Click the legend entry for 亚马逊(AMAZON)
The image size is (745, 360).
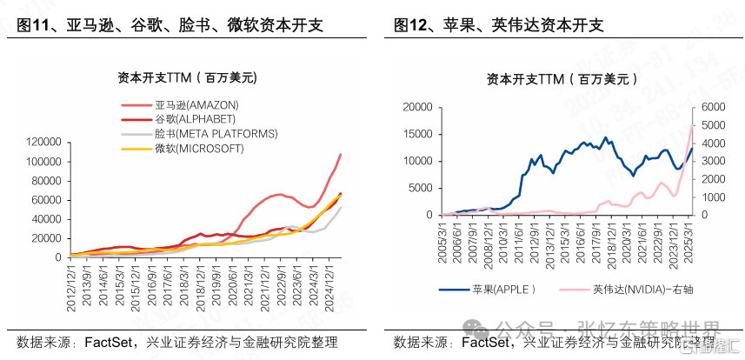[x=196, y=105]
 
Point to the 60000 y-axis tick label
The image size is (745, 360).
[x=49, y=199]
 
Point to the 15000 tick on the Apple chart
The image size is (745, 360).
[x=416, y=134]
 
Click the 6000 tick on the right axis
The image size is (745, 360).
[x=712, y=107]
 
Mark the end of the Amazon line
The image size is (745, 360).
[x=340, y=155]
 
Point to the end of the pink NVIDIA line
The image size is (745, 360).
[x=692, y=126]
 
